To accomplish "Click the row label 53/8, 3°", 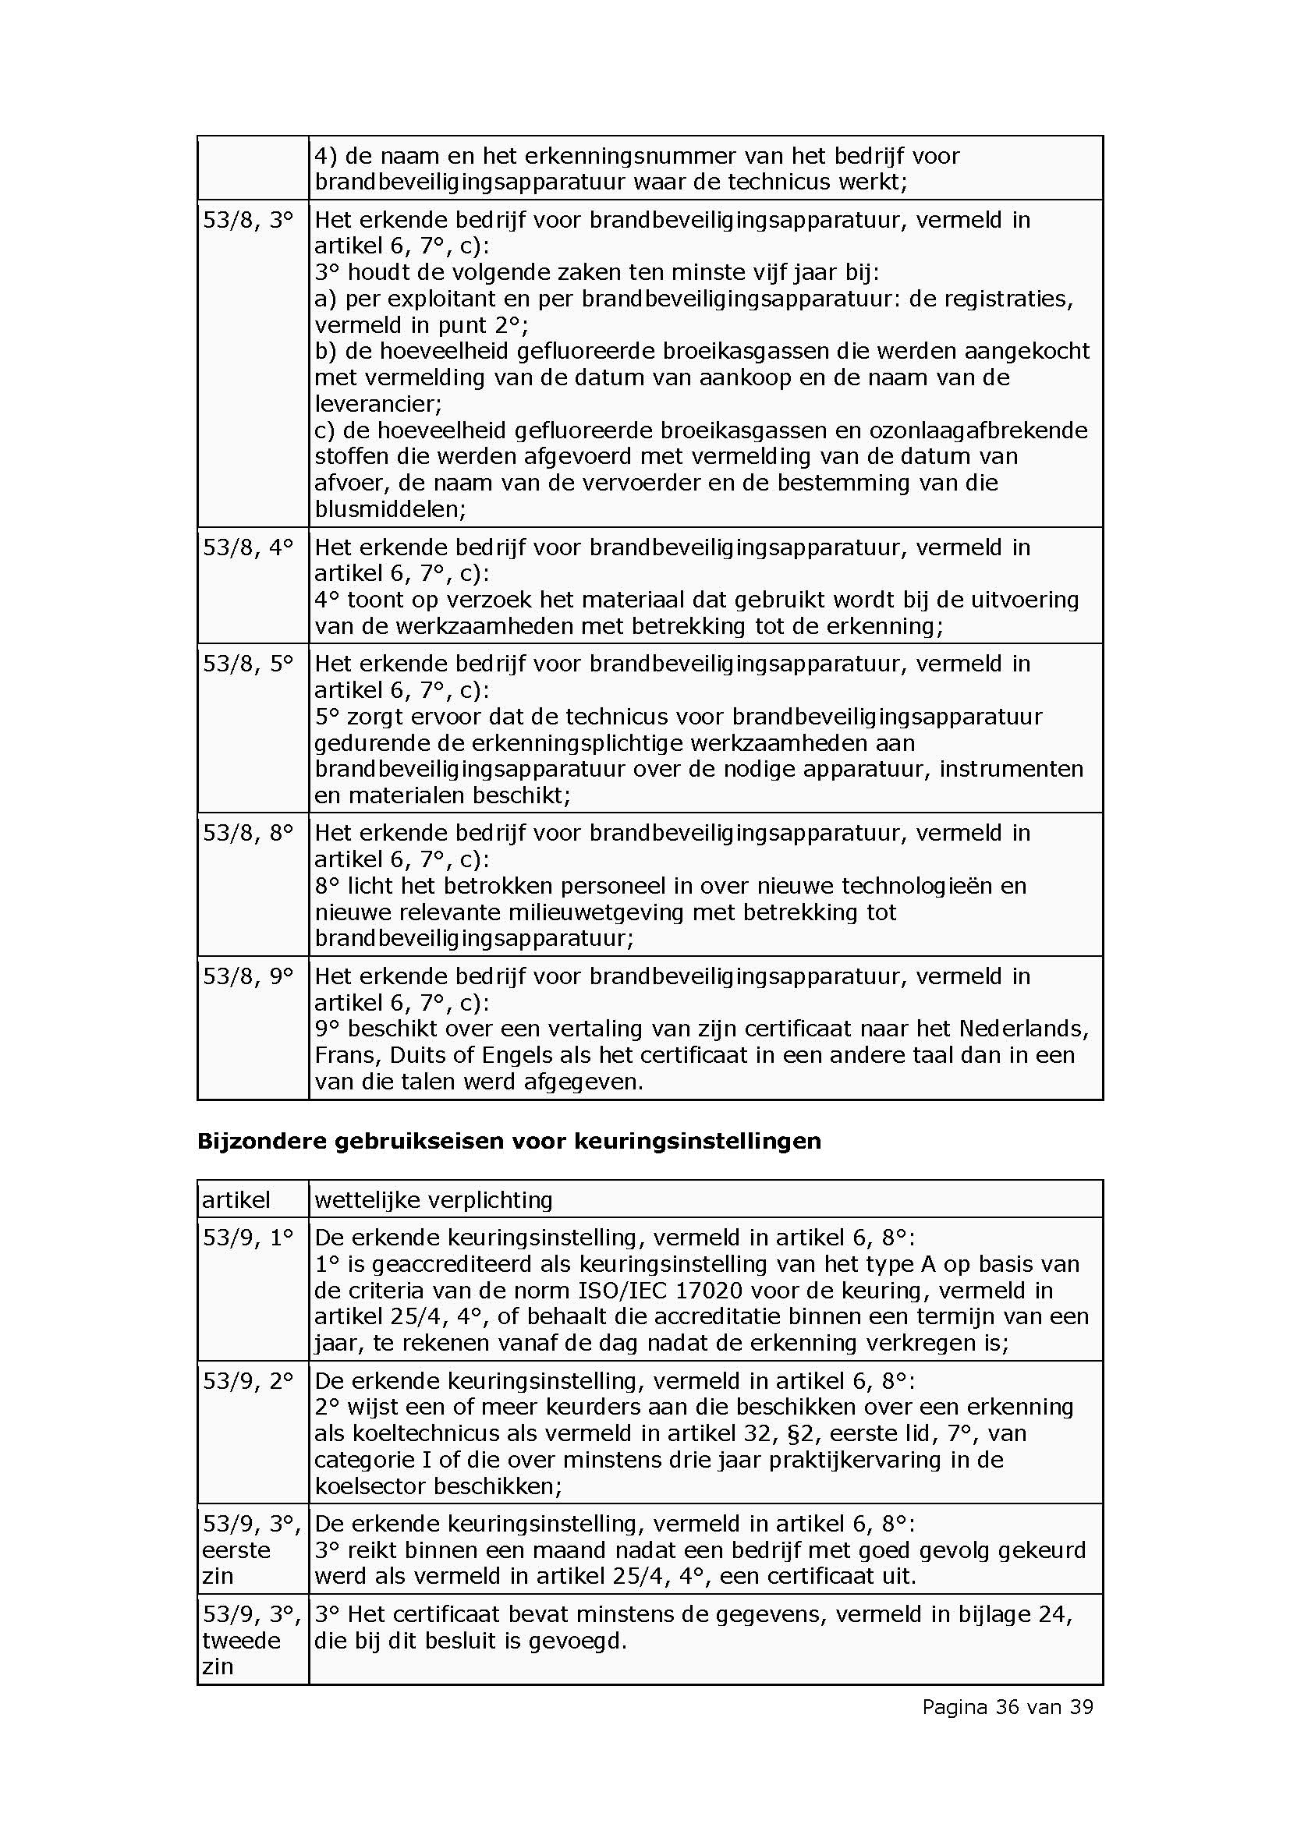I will click(248, 220).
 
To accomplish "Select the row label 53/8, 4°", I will click(248, 547).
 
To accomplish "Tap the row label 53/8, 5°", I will click(248, 664).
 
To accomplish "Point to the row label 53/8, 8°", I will click(248, 833).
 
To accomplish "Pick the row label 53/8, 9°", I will click(248, 976).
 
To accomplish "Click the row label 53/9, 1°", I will click(248, 1237).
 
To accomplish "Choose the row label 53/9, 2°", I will click(248, 1380).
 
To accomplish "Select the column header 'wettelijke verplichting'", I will click(433, 1199).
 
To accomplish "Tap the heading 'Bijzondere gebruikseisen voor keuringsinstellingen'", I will click(509, 1141).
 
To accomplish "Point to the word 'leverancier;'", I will click(378, 404).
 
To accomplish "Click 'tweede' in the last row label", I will click(242, 1641).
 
